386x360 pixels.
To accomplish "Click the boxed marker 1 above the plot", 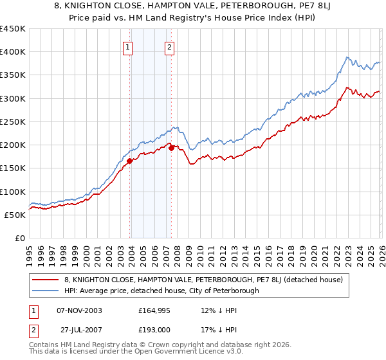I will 127,46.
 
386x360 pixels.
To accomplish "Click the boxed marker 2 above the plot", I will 169,46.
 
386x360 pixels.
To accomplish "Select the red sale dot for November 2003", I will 130,161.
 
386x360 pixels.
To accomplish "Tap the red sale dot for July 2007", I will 172,148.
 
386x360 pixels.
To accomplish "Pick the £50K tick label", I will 15,215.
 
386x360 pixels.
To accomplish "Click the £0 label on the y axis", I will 21,238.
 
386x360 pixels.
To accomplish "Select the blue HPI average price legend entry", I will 161,291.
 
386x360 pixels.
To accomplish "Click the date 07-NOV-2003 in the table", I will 79,310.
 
